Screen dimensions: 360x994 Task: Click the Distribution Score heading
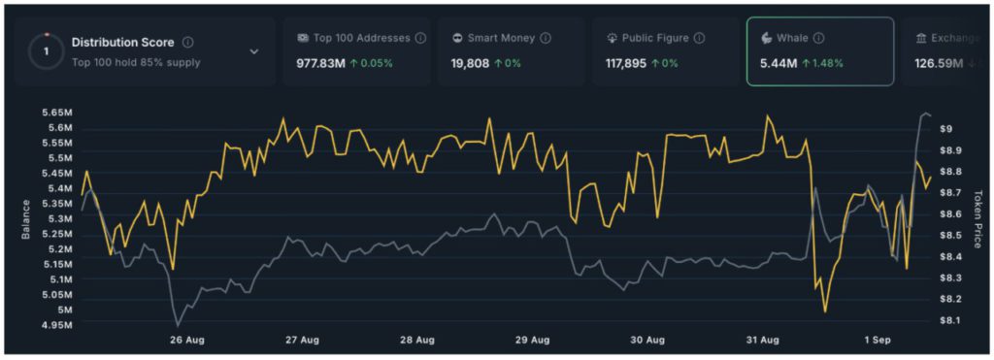(123, 43)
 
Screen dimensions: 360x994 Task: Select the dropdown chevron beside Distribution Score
(254, 51)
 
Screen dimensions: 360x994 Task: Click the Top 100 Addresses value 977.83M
(325, 63)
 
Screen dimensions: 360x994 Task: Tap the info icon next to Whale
(818, 39)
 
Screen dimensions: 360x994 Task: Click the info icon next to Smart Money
(546, 39)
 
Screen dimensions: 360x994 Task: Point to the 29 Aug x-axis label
(533, 340)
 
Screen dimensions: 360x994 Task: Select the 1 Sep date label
(878, 340)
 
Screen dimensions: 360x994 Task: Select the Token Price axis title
(978, 217)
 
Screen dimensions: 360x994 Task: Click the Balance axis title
(24, 219)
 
